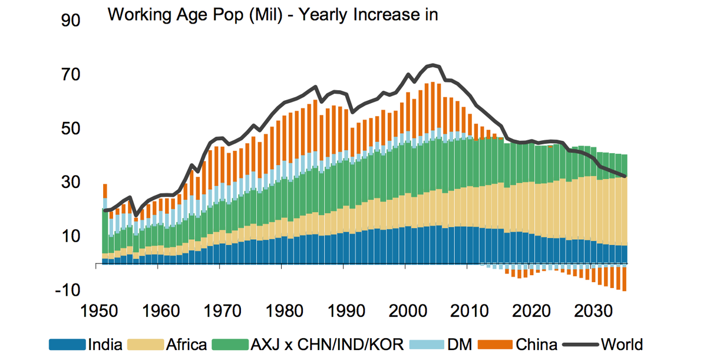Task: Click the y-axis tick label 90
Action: pos(71,21)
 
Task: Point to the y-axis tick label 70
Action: pos(71,75)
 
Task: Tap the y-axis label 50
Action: pos(71,128)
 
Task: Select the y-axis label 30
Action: pos(71,182)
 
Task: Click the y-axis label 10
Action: pos(71,236)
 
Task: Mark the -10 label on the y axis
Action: pos(68,290)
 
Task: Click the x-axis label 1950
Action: pos(99,311)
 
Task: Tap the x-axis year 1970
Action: pos(223,311)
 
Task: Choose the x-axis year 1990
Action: pos(346,311)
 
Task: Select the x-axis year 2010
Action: pos(470,311)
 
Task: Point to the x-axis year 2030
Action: pos(593,311)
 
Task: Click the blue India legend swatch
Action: pos(67,345)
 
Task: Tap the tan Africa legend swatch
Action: pos(146,345)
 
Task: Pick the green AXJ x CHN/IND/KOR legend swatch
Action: pos(230,345)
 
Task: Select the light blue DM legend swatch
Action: pos(427,345)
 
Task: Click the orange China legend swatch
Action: pos(495,345)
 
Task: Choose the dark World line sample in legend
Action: pos(580,345)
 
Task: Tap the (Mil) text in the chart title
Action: pos(266,15)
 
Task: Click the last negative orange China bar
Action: pos(625,279)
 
